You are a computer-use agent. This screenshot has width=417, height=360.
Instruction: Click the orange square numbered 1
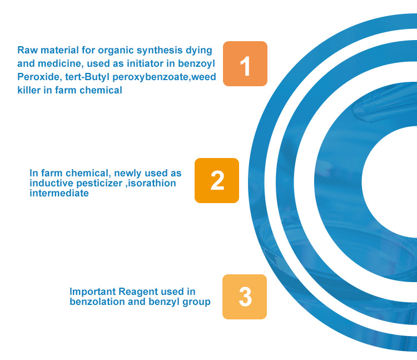[245, 63]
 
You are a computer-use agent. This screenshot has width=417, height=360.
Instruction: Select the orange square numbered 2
[217, 180]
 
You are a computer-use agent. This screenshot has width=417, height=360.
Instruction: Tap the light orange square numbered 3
[245, 297]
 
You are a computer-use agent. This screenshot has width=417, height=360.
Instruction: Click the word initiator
[145, 63]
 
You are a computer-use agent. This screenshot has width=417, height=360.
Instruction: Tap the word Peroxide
[39, 77]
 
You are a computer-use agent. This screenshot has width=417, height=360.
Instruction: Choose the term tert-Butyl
[87, 77]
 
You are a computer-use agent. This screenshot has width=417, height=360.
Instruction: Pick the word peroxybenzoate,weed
[164, 77]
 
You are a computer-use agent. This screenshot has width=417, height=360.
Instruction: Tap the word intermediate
[59, 193]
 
